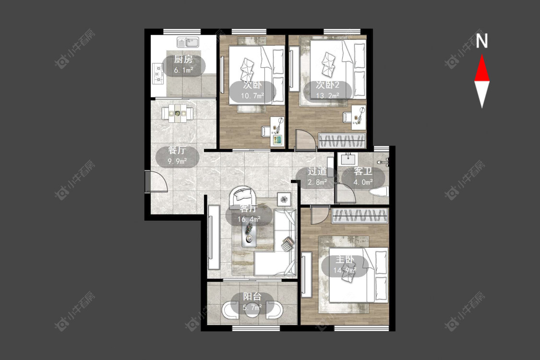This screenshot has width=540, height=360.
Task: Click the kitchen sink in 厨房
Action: [188, 42]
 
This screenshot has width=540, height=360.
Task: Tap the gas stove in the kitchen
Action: [158, 73]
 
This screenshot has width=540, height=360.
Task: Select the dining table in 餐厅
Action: [177, 113]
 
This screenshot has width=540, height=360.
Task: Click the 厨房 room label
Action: [183, 59]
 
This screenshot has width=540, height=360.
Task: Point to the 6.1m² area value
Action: [183, 70]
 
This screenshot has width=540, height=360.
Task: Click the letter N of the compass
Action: [482, 41]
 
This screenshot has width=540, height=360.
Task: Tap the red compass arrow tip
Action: [482, 55]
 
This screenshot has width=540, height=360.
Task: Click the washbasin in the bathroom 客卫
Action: [348, 159]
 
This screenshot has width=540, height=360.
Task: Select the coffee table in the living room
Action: [249, 234]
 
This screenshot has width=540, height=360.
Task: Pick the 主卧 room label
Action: [345, 259]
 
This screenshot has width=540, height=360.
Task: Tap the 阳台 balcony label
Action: [252, 296]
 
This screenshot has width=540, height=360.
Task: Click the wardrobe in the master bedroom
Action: [360, 216]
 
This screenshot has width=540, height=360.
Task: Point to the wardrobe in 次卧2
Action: [342, 141]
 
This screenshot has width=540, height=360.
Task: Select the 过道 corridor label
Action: [317, 171]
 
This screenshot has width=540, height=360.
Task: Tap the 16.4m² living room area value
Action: [249, 219]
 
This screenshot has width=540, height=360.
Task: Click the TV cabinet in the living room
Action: [214, 237]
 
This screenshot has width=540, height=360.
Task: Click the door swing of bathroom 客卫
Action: [346, 193]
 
